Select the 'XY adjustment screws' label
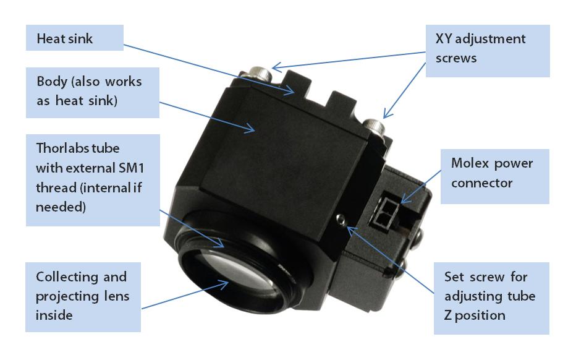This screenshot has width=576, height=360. pos(488,49)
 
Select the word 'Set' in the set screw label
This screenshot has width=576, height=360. pos(455,276)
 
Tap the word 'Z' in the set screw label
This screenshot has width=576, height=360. pos(450,315)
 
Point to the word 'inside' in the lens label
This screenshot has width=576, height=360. pos(54,315)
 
